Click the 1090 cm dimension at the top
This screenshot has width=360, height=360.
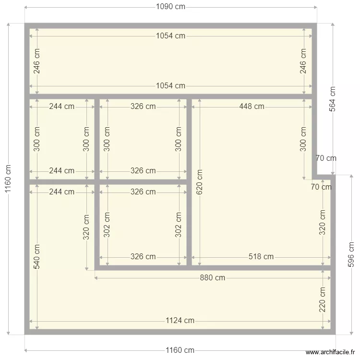(x=170, y=7)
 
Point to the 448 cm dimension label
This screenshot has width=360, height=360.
(x=252, y=107)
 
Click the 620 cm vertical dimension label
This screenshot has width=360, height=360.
(x=200, y=182)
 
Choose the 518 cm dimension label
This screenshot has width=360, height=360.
(x=261, y=257)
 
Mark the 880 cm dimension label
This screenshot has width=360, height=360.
(x=213, y=278)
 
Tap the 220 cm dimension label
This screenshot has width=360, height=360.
(x=323, y=300)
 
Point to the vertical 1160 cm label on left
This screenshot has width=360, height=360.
(x=8, y=179)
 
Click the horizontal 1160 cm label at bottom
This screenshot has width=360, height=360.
(x=180, y=350)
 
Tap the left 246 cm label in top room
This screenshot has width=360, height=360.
(x=37, y=61)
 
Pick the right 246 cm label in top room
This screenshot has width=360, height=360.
(x=303, y=61)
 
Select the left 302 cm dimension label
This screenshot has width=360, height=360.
(x=107, y=224)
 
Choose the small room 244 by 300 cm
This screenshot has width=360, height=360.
(x=62, y=139)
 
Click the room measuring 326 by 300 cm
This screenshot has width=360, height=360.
(x=143, y=139)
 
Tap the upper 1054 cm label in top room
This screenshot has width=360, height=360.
(x=170, y=36)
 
